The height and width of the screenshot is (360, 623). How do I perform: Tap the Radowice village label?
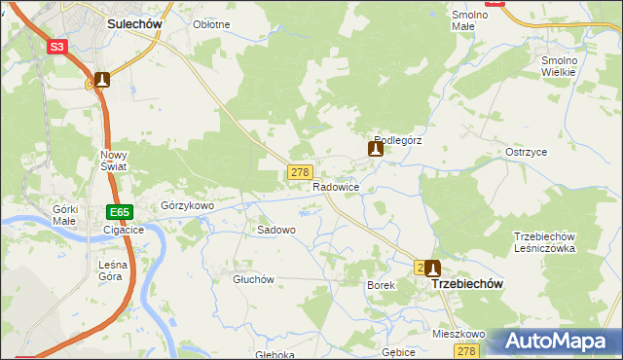337,186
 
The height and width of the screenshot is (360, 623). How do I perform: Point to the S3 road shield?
57,47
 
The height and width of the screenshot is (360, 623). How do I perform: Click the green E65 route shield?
119,212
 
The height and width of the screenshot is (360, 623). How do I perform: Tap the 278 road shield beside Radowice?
299,172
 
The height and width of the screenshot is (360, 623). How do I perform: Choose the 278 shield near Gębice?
468,351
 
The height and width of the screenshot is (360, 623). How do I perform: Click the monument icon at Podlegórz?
376,149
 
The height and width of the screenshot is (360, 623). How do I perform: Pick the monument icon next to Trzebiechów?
433,268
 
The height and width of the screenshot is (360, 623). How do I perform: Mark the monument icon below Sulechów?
101,80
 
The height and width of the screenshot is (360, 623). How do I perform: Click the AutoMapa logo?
559,342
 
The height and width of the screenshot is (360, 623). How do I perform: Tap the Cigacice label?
124,231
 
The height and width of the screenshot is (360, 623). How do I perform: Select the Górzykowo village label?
187,206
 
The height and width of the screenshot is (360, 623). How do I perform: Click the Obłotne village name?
211,24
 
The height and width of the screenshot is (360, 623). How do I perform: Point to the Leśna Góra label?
110,270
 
